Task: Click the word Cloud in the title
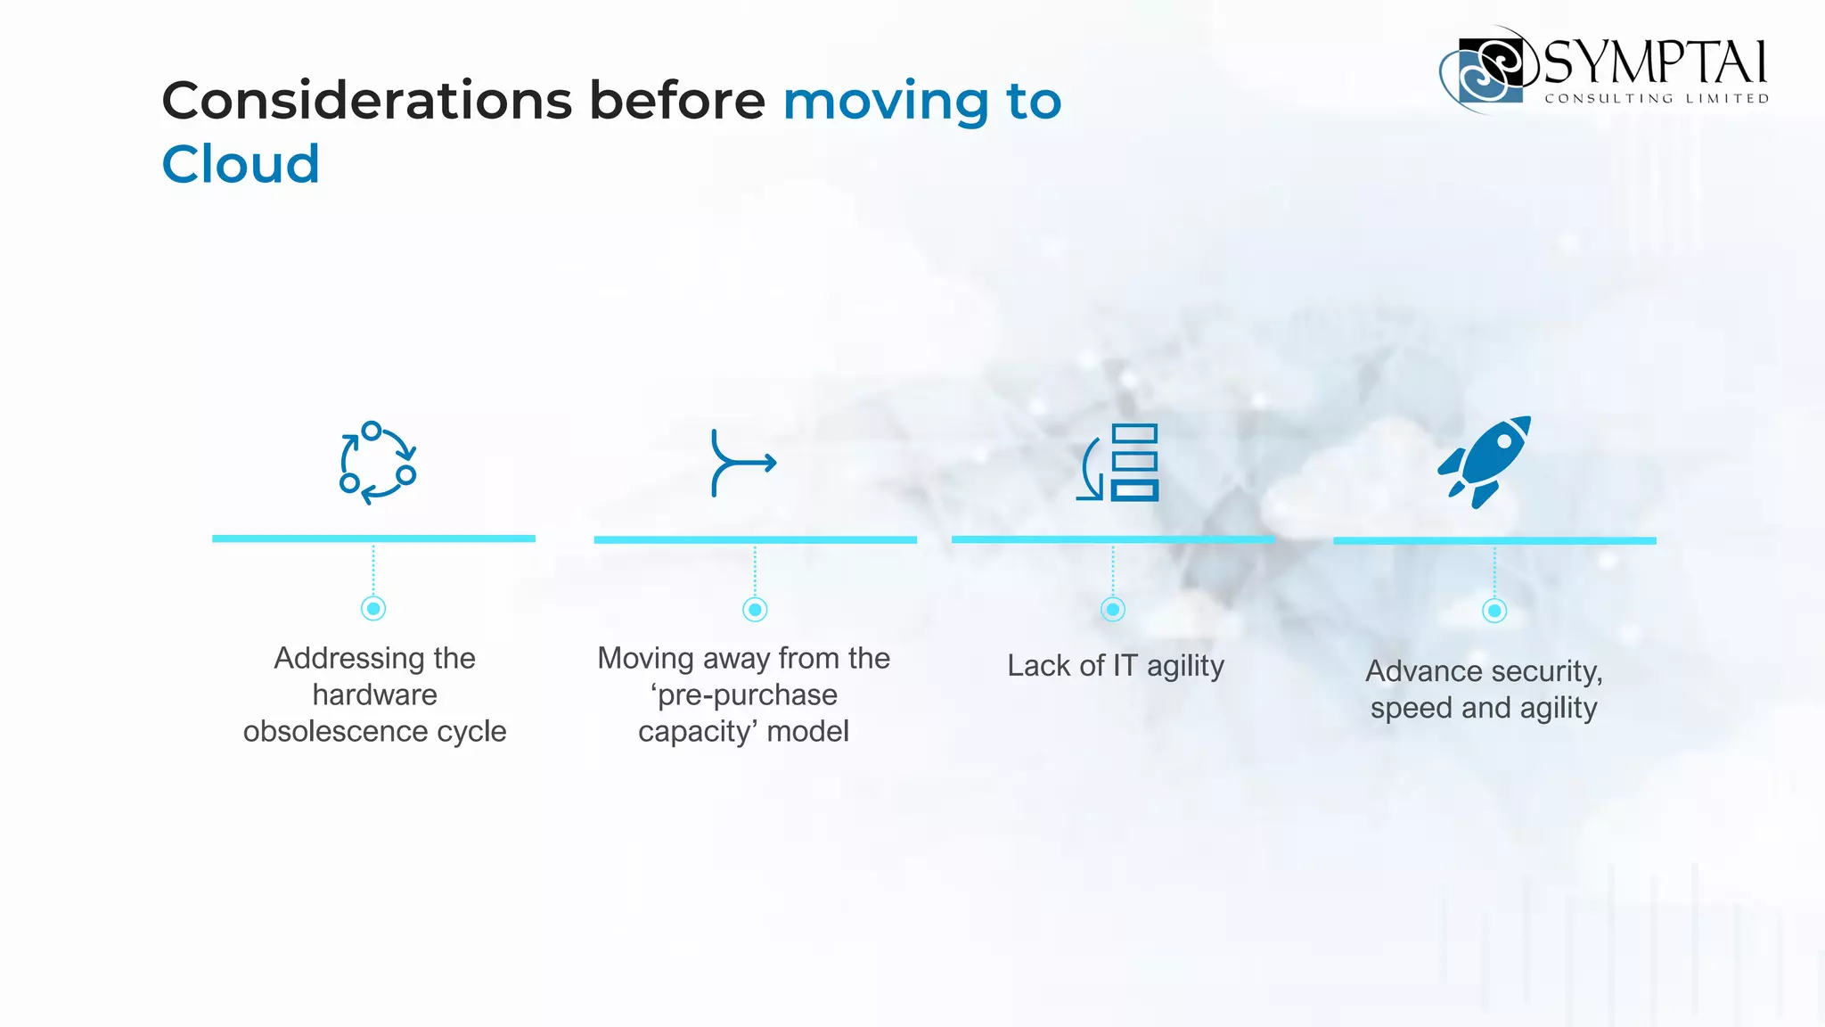pyautogui.click(x=241, y=164)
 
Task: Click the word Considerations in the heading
pyautogui.click(x=366, y=100)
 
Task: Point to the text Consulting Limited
pyautogui.click(x=1657, y=99)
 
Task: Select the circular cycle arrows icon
pyautogui.click(x=377, y=463)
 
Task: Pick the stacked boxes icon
pyautogui.click(x=1119, y=462)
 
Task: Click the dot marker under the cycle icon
pyautogui.click(x=373, y=609)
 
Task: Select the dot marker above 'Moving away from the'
pyautogui.click(x=755, y=610)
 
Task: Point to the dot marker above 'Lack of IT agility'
pyautogui.click(x=1112, y=610)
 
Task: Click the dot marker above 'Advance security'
pyautogui.click(x=1494, y=611)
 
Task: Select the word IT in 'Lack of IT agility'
pyautogui.click(x=1125, y=666)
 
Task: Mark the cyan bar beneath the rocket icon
pyautogui.click(x=1494, y=540)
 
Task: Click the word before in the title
pyautogui.click(x=676, y=100)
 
